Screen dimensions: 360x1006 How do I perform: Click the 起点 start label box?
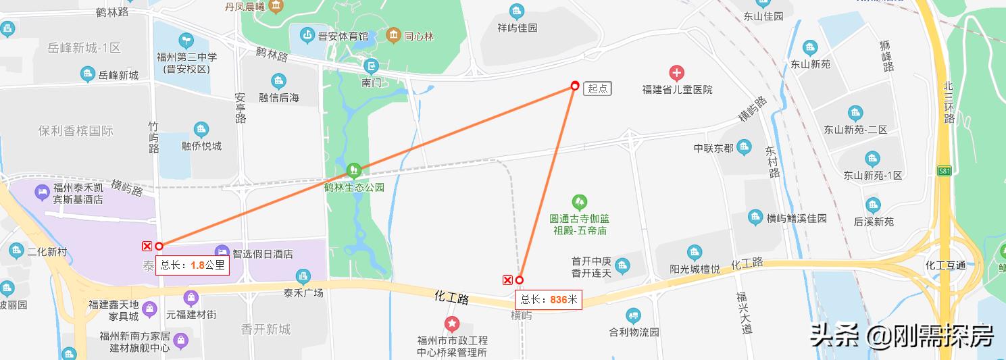[598, 88]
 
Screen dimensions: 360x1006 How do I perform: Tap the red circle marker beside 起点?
[575, 86]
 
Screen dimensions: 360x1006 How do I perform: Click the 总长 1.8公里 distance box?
[192, 265]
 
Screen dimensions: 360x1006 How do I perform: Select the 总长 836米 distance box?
[549, 299]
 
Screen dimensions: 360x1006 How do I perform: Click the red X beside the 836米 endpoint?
[507, 280]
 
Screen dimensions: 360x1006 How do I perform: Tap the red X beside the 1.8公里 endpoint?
[147, 246]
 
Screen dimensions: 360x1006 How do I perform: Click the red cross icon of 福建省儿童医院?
[676, 72]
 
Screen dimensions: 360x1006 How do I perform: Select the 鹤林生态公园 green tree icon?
[353, 170]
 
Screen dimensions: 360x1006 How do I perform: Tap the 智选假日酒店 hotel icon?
[222, 251]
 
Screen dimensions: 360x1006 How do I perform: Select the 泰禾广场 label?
[303, 293]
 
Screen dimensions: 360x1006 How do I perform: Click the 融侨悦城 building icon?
[201, 130]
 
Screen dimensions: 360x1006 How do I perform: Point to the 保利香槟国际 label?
[76, 131]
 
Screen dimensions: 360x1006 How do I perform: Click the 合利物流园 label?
[634, 332]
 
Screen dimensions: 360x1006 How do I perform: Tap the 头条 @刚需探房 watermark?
[901, 334]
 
